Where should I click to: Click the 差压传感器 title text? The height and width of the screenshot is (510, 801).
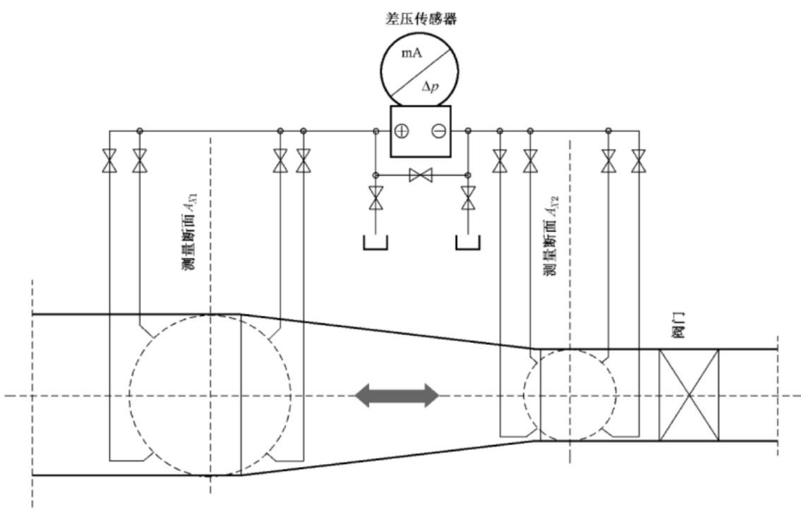(x=421, y=19)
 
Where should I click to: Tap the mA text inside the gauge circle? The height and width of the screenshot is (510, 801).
(x=411, y=53)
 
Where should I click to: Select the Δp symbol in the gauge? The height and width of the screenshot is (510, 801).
(x=430, y=86)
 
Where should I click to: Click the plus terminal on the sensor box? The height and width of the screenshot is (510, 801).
(x=402, y=131)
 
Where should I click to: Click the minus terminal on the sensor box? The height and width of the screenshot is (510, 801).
(x=439, y=131)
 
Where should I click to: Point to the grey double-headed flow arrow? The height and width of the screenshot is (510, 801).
(x=397, y=396)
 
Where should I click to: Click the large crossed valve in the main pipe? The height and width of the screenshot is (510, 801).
(x=689, y=395)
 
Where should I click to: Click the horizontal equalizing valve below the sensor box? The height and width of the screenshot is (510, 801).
(x=421, y=175)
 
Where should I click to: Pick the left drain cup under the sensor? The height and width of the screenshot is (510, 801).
(x=375, y=243)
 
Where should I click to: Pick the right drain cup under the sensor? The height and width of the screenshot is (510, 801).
(x=467, y=243)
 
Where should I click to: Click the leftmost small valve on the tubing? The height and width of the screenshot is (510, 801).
(x=110, y=161)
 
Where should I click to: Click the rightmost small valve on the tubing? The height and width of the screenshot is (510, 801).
(x=638, y=161)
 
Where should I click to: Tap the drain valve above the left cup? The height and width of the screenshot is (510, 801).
(x=376, y=198)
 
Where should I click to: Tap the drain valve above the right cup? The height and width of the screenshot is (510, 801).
(x=468, y=198)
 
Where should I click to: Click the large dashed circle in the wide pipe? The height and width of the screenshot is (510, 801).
(x=129, y=395)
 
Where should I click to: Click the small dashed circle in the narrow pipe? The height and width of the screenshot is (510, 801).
(x=524, y=395)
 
